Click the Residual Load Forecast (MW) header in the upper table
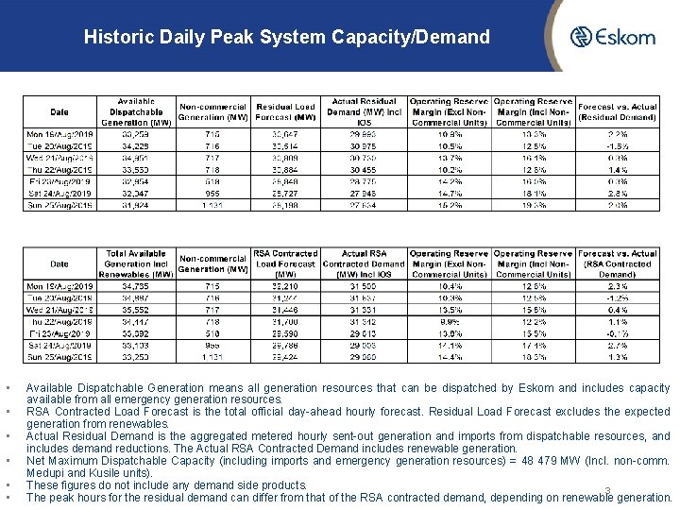285,111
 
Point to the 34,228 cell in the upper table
135,147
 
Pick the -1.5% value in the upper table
617,147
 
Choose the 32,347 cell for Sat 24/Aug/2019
135,193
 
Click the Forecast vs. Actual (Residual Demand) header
617,112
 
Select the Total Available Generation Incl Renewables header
135,264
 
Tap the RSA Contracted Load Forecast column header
285,264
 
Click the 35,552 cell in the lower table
135,308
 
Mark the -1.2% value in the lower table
617,297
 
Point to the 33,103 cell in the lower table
135,347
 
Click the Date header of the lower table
59,264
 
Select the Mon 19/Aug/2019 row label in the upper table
59,134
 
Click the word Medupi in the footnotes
43,472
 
